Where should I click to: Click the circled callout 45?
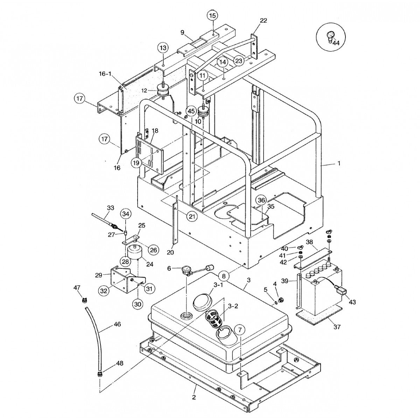(191, 111)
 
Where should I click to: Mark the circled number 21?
(191, 217)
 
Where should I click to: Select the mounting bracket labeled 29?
(121, 280)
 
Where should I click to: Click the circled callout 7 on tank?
(240, 329)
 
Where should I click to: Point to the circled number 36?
(261, 200)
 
